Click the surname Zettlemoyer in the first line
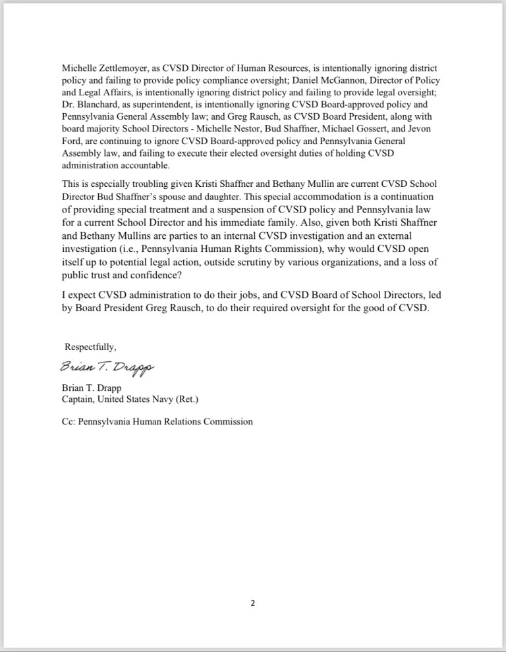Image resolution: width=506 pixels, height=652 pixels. [126, 68]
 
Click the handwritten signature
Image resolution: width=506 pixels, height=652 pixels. [107, 366]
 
